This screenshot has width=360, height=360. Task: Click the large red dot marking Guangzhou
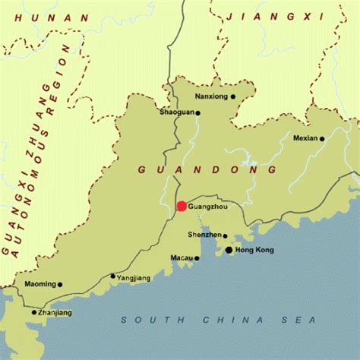182,206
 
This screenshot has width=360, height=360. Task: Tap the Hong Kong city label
254,250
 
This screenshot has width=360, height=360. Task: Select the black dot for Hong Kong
229,249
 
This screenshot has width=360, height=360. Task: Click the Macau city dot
197,258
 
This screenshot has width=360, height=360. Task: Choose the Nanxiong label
212,97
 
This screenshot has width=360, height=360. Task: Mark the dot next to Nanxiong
233,96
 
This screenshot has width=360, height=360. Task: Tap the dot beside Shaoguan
198,113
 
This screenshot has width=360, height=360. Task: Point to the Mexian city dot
322,138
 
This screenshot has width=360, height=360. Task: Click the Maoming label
41,285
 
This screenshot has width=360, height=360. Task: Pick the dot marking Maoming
61,285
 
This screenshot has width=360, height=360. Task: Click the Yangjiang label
133,279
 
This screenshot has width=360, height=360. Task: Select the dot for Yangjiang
113,276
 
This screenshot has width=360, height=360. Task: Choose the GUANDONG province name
207,170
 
